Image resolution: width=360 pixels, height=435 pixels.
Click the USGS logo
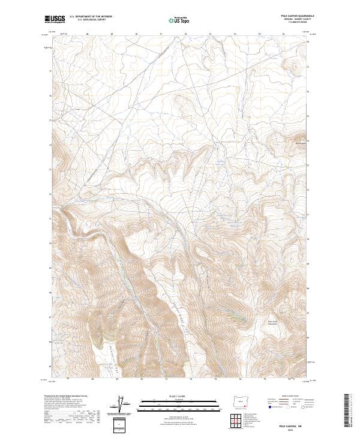click(x=55, y=19)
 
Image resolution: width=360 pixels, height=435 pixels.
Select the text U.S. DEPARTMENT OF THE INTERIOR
click(x=90, y=17)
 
